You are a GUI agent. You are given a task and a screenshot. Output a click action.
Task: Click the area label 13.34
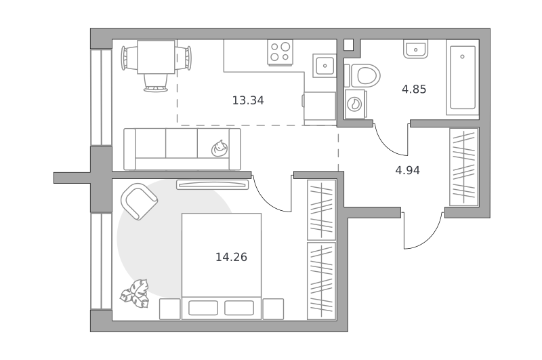point(248,100)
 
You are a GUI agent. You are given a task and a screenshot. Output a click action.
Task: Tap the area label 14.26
point(231,258)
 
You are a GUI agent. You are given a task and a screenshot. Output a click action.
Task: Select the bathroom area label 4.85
point(414,89)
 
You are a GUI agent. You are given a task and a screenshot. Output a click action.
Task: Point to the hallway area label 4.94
point(408,170)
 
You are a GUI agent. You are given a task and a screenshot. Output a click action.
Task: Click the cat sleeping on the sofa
point(220,148)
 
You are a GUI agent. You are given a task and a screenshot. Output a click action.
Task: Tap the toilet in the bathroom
point(365,76)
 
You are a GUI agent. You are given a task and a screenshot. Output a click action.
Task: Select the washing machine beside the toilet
point(355,104)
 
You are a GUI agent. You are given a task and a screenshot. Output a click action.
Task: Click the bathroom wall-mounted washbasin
point(415,49)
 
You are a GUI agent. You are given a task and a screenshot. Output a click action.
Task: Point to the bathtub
point(463,77)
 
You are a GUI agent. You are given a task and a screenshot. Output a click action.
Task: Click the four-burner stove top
point(280,52)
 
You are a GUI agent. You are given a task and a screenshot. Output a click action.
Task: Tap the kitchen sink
point(325,65)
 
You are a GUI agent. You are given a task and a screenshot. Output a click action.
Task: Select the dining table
point(156,57)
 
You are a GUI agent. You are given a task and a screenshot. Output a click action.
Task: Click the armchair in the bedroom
point(140,201)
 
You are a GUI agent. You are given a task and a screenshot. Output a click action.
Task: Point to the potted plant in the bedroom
point(135,294)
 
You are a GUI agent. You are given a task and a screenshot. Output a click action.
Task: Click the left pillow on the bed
point(203,308)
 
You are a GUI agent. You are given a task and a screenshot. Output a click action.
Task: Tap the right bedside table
point(273,309)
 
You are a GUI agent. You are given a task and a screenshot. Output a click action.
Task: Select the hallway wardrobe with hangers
point(464,167)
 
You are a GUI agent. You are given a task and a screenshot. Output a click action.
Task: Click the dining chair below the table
point(156,83)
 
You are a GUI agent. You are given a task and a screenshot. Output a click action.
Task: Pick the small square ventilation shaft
point(348,45)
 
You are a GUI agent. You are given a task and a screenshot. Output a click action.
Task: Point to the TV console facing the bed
point(213,184)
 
